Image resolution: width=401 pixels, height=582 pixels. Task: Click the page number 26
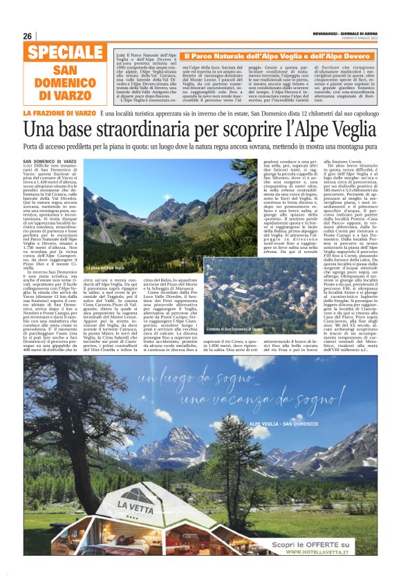28,36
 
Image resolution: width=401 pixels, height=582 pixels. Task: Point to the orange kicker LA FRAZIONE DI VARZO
59,113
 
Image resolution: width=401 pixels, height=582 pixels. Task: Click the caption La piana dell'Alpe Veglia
106,268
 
